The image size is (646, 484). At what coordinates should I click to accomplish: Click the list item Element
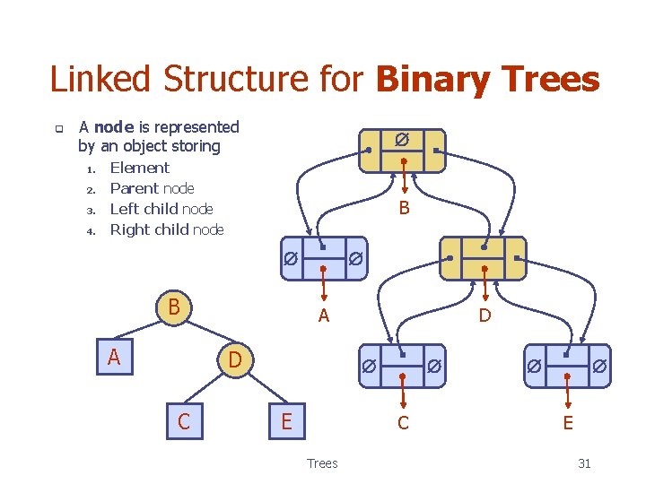click(x=139, y=168)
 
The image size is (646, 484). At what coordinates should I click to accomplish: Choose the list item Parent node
click(x=152, y=188)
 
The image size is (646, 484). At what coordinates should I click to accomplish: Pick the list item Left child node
click(x=161, y=209)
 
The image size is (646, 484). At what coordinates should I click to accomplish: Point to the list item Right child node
click(x=166, y=229)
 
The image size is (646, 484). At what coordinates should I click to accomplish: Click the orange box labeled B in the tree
click(x=176, y=307)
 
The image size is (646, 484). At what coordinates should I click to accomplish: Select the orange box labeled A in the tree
click(x=115, y=358)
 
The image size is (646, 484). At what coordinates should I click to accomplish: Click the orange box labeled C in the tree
click(x=184, y=420)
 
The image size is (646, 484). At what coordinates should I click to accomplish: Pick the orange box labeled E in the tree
click(x=286, y=420)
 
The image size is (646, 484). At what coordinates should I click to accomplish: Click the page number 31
click(x=584, y=463)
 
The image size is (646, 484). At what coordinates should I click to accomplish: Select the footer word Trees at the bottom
click(x=322, y=463)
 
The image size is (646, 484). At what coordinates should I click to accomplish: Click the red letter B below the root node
click(x=404, y=209)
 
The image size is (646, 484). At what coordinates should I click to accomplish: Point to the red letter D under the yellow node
click(x=484, y=315)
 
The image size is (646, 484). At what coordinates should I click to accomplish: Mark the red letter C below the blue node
click(x=403, y=423)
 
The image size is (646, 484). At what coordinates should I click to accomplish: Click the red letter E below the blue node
click(x=567, y=423)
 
